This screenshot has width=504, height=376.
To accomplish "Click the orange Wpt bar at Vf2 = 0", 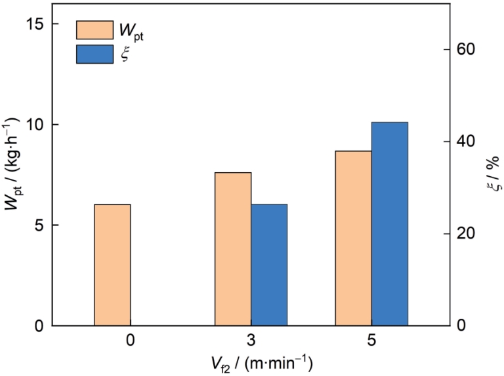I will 112,265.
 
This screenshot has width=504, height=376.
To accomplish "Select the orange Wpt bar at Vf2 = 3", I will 233,249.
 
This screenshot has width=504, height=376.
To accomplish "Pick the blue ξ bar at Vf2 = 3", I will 269,265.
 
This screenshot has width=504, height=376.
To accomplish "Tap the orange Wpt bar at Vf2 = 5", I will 353,238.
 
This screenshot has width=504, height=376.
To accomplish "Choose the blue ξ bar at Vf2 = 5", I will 389,223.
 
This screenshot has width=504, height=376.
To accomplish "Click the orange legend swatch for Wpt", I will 94,30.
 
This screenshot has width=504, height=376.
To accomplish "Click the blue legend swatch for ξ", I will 94,53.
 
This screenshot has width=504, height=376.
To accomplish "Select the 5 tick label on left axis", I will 37,225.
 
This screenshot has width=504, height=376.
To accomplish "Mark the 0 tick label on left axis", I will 37,325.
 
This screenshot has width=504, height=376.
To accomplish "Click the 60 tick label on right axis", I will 465,50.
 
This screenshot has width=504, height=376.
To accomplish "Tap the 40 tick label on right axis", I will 465,142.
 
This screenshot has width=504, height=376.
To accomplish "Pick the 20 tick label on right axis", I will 465,234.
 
